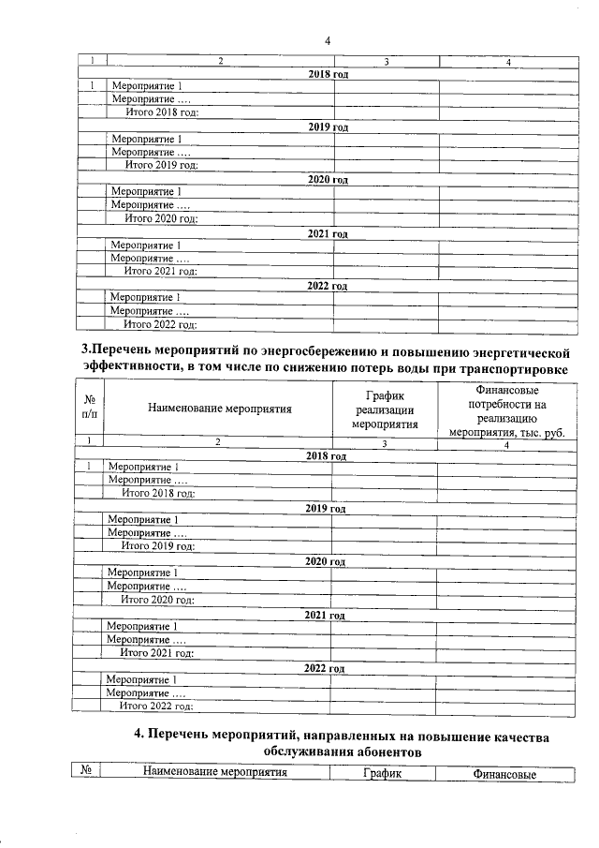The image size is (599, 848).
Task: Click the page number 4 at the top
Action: (328, 40)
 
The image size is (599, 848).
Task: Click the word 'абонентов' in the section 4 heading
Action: (382, 751)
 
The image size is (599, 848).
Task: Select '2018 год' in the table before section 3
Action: (328, 74)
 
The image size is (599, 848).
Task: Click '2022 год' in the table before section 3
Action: (328, 286)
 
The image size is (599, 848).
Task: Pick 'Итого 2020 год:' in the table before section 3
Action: (162, 218)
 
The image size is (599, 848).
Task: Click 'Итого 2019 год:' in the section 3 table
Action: (158, 545)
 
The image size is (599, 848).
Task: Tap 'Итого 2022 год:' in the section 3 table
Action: (158, 706)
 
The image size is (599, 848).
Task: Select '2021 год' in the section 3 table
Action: (326, 616)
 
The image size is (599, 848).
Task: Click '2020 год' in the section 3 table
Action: (326, 562)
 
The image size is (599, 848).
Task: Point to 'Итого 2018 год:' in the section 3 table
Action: (158, 493)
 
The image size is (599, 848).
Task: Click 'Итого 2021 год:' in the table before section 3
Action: (162, 272)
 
